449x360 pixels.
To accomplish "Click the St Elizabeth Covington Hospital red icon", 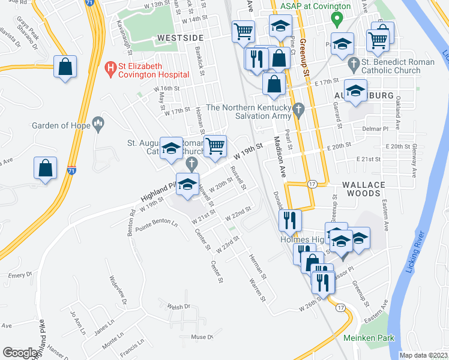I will point(110,70).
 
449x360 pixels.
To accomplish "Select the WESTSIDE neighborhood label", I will point(180,37).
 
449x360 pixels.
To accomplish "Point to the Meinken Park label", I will point(369,338).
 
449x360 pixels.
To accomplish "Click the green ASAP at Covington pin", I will point(337,20).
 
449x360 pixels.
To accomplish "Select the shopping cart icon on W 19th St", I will point(215,146).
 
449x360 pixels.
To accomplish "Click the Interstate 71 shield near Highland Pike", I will point(72,171).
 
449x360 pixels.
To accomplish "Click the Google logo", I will point(20,353).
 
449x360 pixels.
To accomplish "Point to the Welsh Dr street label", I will point(178,307).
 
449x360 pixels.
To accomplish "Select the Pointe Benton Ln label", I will point(157,225).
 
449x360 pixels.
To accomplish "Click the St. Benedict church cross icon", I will point(354,62).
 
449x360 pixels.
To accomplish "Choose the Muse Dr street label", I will point(202,337).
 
